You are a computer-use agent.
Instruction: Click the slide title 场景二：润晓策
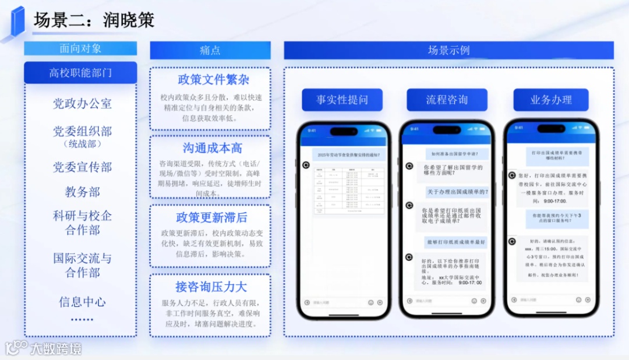[94, 20]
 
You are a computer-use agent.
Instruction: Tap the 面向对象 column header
[80, 48]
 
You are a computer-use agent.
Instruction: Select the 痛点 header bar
[210, 50]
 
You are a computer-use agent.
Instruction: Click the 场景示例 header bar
[448, 50]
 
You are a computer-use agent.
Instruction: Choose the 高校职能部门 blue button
[80, 73]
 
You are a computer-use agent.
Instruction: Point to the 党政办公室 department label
[82, 104]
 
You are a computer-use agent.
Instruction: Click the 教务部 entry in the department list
[82, 192]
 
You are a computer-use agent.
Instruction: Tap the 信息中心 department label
[82, 302]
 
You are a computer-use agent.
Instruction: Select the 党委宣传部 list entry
[82, 167]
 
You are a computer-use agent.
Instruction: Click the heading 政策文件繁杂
[210, 80]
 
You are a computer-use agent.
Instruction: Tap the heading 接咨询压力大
[211, 287]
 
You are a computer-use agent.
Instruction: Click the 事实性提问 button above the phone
[342, 100]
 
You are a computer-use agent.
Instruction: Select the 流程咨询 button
[446, 100]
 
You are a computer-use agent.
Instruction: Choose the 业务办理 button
[550, 100]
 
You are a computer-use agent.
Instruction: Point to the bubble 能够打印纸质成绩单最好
[456, 242]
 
